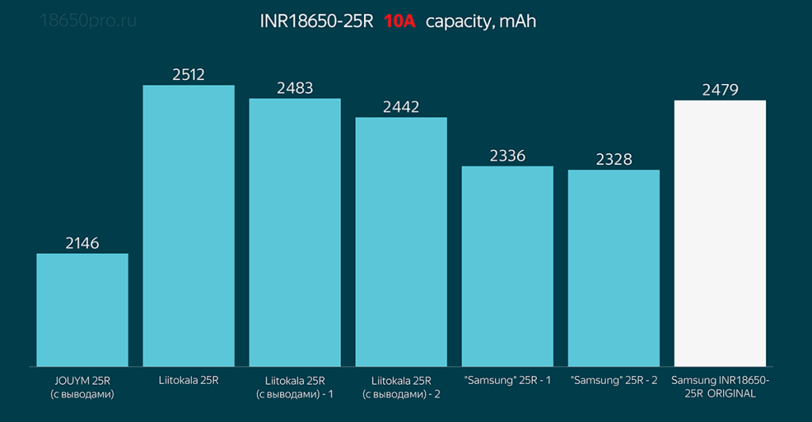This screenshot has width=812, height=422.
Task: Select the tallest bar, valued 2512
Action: click(x=189, y=225)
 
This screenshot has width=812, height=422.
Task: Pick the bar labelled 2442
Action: click(x=401, y=241)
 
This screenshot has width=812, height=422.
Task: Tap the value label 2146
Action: click(x=82, y=244)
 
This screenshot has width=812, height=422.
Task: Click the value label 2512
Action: click(x=189, y=75)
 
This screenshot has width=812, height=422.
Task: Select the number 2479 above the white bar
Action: click(x=720, y=90)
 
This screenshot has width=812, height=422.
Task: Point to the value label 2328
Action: click(x=614, y=159)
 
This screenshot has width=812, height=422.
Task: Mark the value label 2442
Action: click(x=401, y=107)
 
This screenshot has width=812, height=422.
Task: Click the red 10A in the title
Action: click(x=400, y=21)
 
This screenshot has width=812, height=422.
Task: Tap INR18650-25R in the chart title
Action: click(x=316, y=21)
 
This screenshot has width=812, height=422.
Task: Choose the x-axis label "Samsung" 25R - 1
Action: click(x=507, y=381)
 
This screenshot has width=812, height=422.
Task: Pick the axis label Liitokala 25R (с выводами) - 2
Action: click(x=401, y=387)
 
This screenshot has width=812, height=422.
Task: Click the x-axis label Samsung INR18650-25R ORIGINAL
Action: click(x=720, y=387)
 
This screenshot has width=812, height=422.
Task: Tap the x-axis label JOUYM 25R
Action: click(x=82, y=387)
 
